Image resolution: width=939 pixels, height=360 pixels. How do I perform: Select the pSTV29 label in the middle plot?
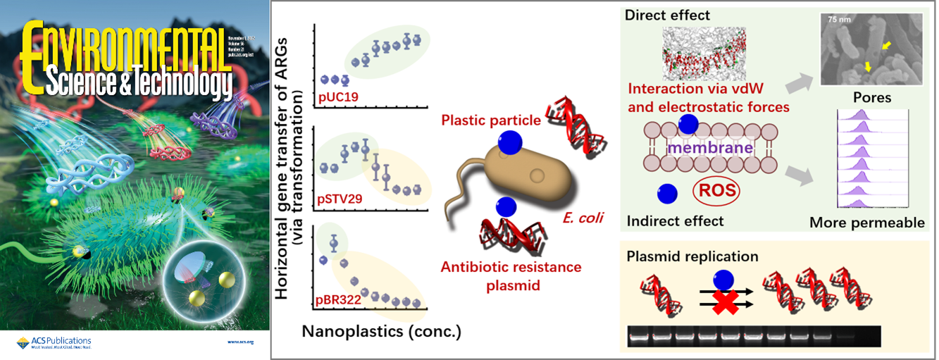[341, 199]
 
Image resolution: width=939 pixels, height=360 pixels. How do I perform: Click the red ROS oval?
[716, 192]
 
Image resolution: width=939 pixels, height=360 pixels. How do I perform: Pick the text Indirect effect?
[675, 221]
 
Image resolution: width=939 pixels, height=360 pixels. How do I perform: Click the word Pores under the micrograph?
[872, 97]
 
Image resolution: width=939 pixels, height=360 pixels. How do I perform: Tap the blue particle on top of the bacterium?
[510, 144]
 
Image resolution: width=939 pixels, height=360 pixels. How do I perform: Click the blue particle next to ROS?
[666, 192]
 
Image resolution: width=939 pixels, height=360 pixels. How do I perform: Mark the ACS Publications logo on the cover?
[54, 342]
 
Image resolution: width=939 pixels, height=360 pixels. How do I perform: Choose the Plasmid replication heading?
[692, 256]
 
